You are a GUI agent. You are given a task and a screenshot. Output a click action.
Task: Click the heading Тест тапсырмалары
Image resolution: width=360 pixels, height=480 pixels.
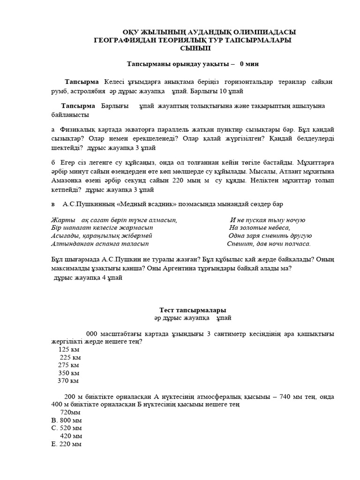coord(193,310)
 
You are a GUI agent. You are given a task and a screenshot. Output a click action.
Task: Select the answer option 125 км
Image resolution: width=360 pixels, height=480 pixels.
coord(69,349)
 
